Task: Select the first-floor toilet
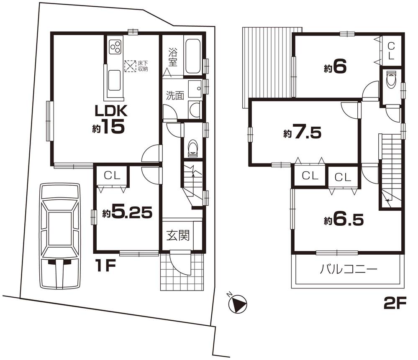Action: tap(193, 148)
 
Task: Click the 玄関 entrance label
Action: tap(179, 235)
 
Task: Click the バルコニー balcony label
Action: tap(349, 269)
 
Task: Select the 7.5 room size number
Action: tap(306, 133)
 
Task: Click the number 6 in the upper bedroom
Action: tap(340, 68)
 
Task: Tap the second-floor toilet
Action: tap(392, 80)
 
